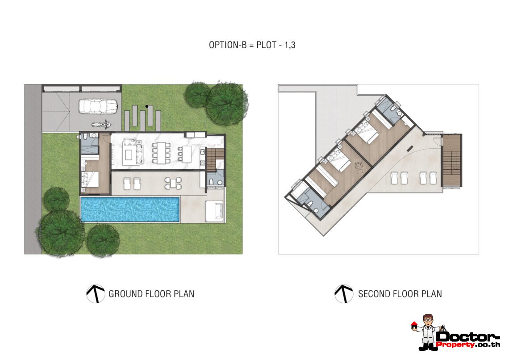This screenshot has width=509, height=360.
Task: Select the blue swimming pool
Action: (x=130, y=209)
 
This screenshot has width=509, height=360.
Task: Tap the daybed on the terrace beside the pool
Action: (x=215, y=211)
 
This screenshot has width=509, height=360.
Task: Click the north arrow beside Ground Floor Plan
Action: (x=96, y=293)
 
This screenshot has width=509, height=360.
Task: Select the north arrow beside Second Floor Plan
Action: (x=344, y=293)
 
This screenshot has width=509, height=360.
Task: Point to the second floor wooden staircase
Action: (x=451, y=160)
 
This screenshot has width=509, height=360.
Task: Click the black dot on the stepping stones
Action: (x=147, y=106)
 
